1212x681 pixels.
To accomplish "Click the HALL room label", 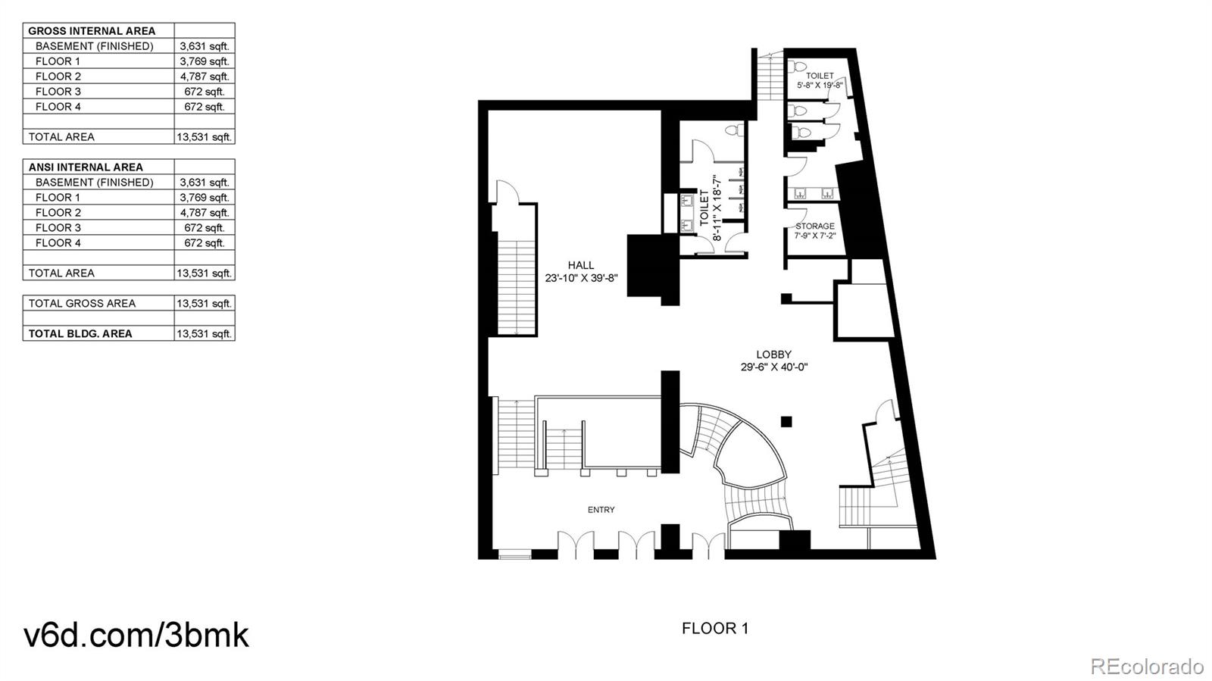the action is point(580,265).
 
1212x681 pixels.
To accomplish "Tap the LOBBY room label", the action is point(773,355).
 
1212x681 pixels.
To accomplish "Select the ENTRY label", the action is point(601,510).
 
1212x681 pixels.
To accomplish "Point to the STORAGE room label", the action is point(815,226).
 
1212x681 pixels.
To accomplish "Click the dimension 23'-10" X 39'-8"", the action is point(581,278).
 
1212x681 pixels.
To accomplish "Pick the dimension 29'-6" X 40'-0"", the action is point(774,367).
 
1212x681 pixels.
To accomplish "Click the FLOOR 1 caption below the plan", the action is point(715,628).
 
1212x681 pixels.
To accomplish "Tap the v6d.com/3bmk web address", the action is point(136,635).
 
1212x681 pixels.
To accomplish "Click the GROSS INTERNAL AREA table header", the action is point(92,31).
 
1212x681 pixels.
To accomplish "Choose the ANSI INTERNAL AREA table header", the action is point(86,167).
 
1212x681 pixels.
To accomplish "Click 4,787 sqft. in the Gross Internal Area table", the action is point(205,77).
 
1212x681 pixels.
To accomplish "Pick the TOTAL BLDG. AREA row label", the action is point(80,334).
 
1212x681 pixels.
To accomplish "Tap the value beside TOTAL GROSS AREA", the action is point(205,304).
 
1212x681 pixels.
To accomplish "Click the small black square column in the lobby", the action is point(786,421).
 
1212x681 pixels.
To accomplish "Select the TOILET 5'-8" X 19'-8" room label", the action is point(820,80).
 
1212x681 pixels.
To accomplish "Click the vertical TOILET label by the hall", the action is point(704,207).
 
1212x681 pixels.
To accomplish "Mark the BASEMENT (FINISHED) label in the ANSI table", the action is point(94,183).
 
